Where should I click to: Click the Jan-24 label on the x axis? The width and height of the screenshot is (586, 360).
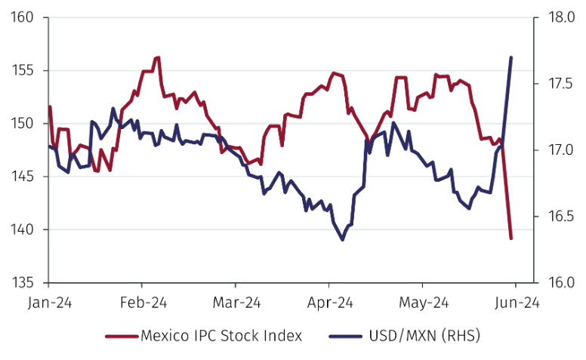click(x=49, y=302)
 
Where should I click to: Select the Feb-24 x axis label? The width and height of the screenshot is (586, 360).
click(x=142, y=302)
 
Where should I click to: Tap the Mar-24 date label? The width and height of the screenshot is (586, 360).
click(x=236, y=302)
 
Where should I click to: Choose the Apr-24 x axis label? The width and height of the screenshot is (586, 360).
click(x=329, y=302)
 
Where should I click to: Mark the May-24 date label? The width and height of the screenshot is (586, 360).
click(x=422, y=302)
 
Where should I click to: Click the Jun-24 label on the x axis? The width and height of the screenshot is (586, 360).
click(x=516, y=302)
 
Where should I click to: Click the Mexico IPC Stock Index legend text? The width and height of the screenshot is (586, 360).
click(x=221, y=335)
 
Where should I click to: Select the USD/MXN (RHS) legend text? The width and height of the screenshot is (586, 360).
click(x=425, y=335)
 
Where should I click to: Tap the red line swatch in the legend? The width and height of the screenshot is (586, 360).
click(x=122, y=335)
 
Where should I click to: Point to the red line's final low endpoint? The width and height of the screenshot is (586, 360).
click(x=511, y=238)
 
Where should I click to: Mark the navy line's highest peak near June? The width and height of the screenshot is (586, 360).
click(x=511, y=57)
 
